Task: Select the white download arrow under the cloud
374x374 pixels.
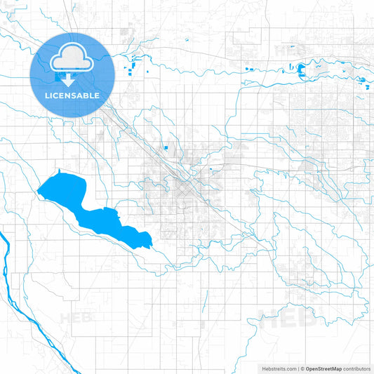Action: (x=73, y=79)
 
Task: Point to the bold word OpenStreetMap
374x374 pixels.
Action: (x=323, y=368)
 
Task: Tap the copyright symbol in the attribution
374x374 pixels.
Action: (x=301, y=368)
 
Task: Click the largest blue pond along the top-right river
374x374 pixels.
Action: (x=301, y=69)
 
